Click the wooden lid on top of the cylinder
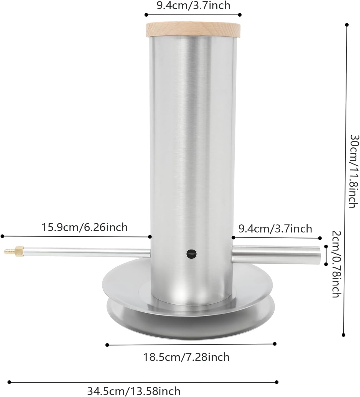(193, 29)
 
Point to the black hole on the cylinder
(191, 253)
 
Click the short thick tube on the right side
(276, 254)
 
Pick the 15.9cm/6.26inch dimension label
(84, 227)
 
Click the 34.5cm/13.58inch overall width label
(134, 391)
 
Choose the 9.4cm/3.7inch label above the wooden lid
(193, 5)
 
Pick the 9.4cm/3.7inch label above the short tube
(275, 229)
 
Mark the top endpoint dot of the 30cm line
(346, 25)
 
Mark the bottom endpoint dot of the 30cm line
(344, 335)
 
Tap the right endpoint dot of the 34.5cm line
(277, 382)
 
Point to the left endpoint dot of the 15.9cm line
(2, 236)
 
